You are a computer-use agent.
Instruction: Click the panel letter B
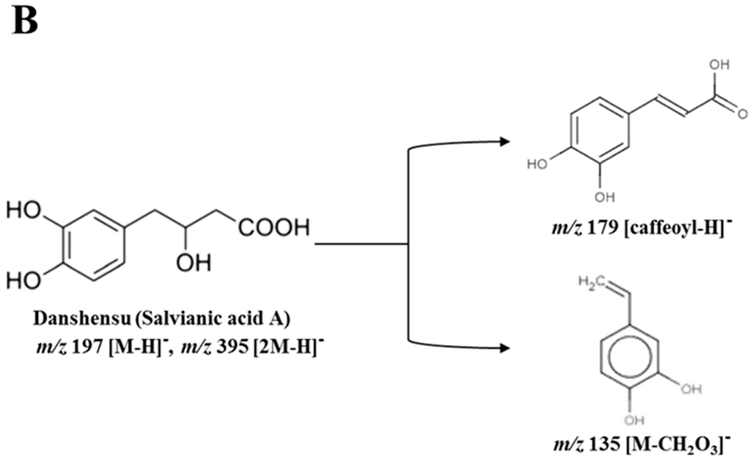coord(25,20)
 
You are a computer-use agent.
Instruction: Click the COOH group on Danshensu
coord(274,228)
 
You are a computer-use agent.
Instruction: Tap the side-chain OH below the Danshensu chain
coord(193,263)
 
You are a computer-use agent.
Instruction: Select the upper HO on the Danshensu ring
coord(24,210)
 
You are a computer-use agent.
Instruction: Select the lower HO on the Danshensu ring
coord(24,281)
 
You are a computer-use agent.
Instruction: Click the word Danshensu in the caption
coord(82,319)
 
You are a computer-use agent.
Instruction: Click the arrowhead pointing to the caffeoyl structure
coord(505,142)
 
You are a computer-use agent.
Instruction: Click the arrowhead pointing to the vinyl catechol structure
coord(505,348)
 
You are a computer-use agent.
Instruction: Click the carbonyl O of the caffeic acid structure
coord(742,114)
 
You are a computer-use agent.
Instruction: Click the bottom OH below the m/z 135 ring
coord(634,420)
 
